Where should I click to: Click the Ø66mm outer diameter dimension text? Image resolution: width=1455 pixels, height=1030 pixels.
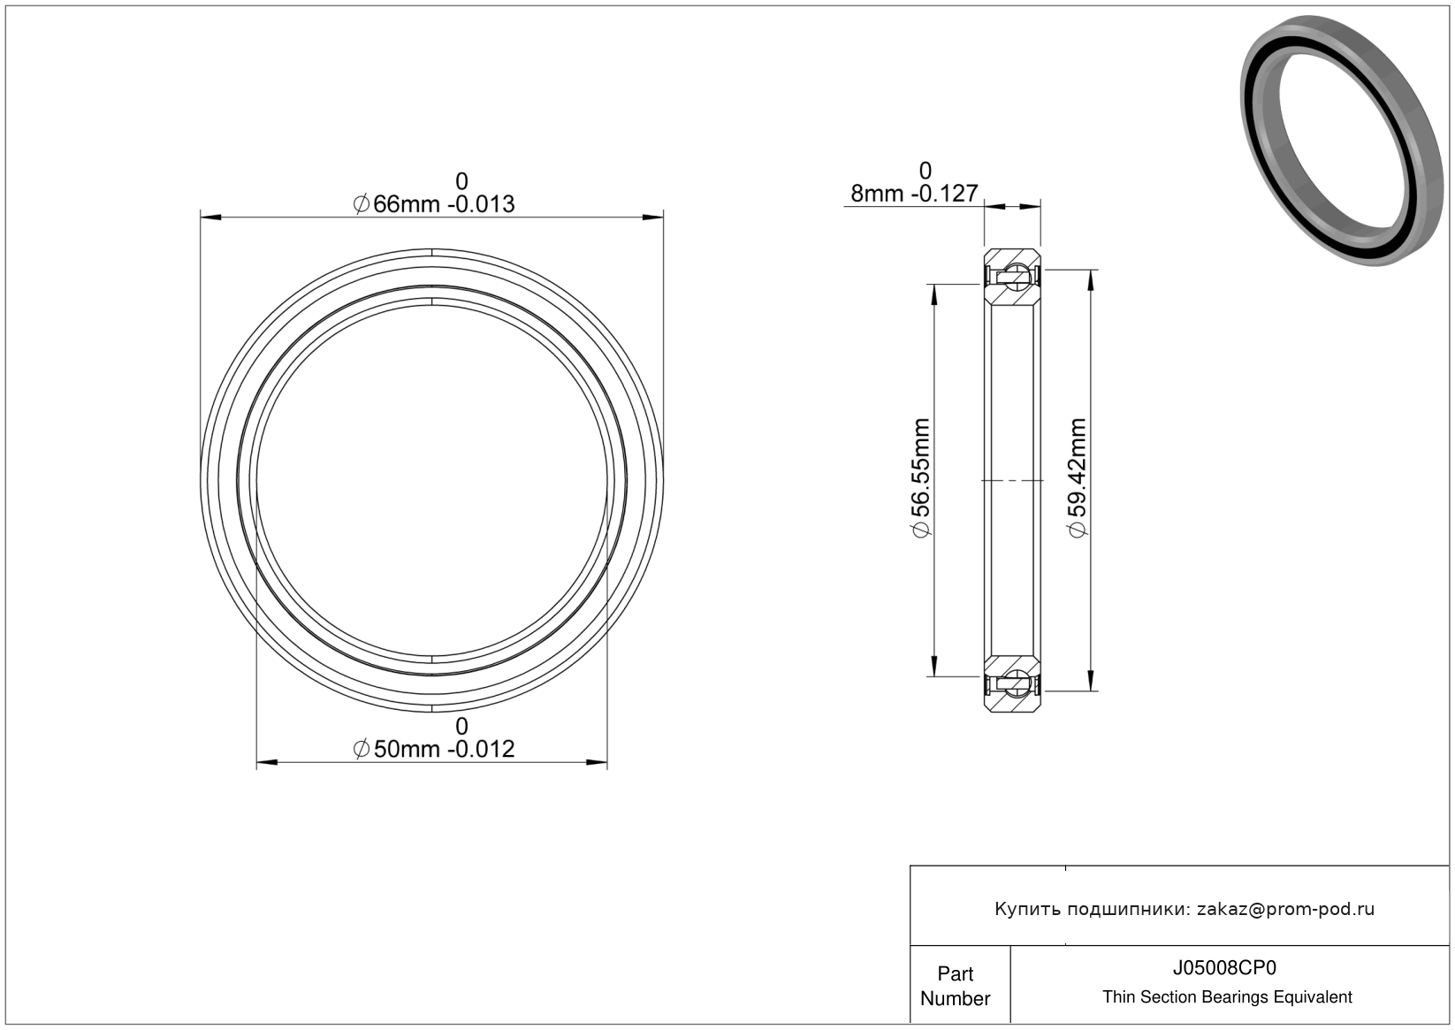(x=433, y=204)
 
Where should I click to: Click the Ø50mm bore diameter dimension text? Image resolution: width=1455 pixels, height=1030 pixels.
(x=433, y=749)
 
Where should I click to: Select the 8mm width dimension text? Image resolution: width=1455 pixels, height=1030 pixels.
(x=914, y=194)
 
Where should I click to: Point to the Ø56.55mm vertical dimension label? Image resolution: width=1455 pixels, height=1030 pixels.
(x=921, y=478)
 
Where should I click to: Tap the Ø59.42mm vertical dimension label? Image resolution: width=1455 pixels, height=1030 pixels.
(x=1077, y=478)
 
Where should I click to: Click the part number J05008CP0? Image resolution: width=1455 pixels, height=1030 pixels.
(x=1224, y=967)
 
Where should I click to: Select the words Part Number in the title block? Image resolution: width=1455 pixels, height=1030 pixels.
(x=955, y=986)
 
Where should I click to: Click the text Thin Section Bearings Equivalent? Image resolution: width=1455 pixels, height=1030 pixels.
(x=1227, y=996)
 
